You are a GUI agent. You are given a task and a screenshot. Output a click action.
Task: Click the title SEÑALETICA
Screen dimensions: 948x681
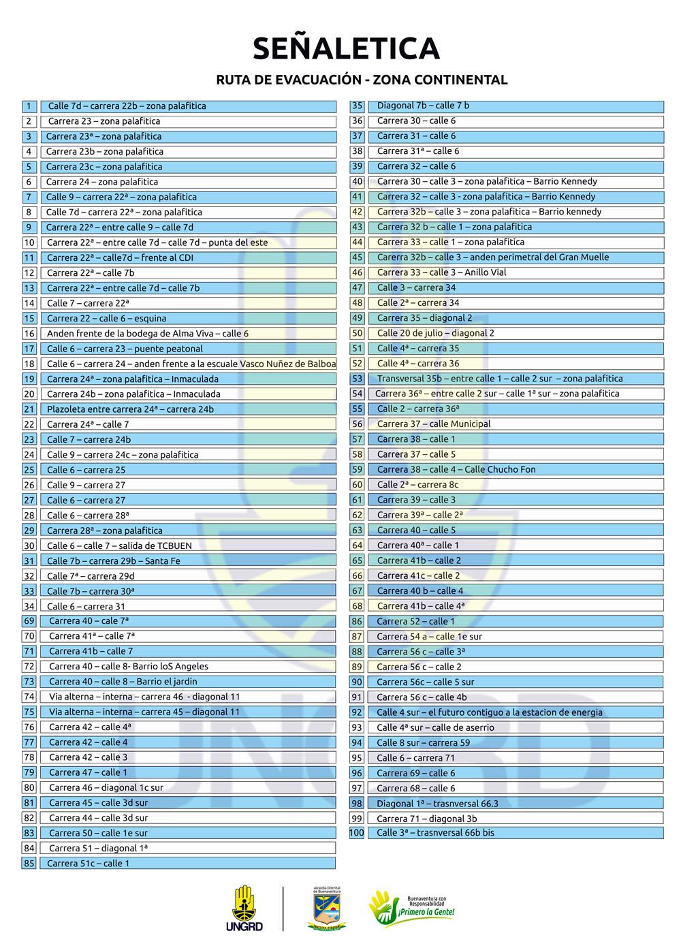click(x=346, y=49)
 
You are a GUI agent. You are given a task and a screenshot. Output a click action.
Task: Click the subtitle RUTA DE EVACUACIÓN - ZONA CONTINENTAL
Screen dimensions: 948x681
click(x=362, y=80)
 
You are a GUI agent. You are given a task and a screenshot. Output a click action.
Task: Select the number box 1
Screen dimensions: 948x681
click(x=29, y=106)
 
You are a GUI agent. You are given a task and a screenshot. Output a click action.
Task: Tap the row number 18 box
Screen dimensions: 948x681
click(x=29, y=364)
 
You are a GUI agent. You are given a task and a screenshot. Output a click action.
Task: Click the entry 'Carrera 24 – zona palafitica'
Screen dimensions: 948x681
click(x=102, y=182)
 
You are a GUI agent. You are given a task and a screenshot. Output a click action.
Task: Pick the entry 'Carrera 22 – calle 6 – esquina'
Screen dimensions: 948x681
click(x=106, y=318)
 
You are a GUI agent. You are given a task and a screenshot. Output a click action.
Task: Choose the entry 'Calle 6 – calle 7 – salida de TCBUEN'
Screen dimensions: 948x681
click(x=119, y=546)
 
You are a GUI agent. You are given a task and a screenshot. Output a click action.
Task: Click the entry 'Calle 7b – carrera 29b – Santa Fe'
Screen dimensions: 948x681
click(x=113, y=561)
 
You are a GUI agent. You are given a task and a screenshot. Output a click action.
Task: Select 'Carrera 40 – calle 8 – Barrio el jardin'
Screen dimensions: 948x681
click(x=123, y=682)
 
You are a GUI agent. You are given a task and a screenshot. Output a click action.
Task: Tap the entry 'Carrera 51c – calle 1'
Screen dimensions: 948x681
click(x=88, y=864)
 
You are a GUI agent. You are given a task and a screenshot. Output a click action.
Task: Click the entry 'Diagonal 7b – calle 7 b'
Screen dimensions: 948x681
click(x=423, y=106)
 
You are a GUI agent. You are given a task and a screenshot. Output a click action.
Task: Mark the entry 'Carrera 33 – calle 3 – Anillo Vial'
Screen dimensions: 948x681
click(x=441, y=272)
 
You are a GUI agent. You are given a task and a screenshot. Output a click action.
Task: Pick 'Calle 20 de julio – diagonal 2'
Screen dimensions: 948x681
click(x=436, y=333)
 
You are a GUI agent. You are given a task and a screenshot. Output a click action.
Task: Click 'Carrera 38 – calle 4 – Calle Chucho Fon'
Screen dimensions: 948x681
click(x=456, y=469)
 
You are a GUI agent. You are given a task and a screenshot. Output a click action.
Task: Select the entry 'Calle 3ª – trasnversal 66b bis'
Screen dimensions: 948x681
click(x=435, y=833)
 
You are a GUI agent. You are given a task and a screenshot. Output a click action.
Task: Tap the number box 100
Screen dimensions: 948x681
click(x=357, y=833)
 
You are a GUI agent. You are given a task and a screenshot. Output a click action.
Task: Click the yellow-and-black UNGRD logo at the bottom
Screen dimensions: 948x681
click(x=244, y=908)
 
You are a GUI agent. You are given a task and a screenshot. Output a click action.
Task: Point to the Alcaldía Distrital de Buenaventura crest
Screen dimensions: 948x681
click(x=328, y=908)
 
